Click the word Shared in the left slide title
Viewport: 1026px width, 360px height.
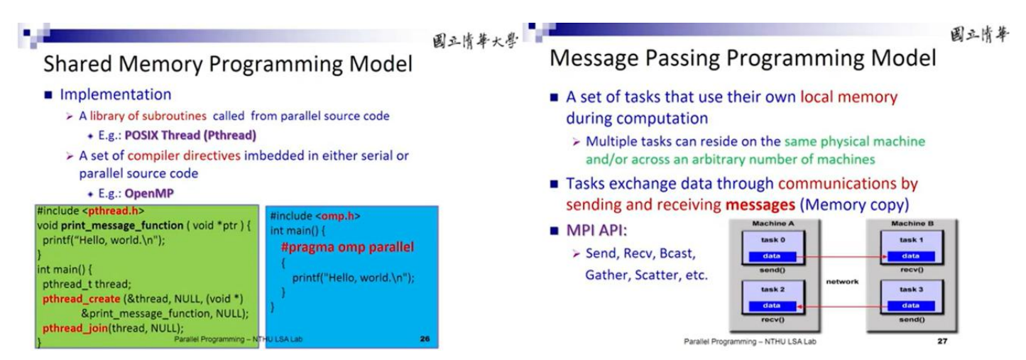[x=77, y=64]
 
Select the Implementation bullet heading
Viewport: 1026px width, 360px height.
[x=116, y=94]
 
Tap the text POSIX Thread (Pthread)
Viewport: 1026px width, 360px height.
[x=190, y=135]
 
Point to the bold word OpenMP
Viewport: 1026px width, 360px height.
[x=149, y=193]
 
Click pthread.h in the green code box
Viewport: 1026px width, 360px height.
[x=113, y=211]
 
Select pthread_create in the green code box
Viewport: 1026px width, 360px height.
[x=81, y=299]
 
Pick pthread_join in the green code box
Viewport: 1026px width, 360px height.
[x=75, y=328]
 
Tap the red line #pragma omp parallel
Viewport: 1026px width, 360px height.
[x=347, y=247]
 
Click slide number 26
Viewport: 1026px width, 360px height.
[x=425, y=339]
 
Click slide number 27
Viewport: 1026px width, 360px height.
[x=942, y=341]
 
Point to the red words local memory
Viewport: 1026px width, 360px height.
[x=848, y=97]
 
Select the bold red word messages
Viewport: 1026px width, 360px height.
[x=760, y=204]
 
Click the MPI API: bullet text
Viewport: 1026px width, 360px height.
[x=596, y=230]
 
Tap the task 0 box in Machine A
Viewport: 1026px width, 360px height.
[x=773, y=248]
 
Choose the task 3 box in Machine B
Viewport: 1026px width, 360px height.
[x=912, y=298]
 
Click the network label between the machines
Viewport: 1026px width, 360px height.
[x=842, y=282]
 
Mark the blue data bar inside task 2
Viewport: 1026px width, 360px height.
[x=773, y=305]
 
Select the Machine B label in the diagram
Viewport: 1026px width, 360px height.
[x=912, y=224]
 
